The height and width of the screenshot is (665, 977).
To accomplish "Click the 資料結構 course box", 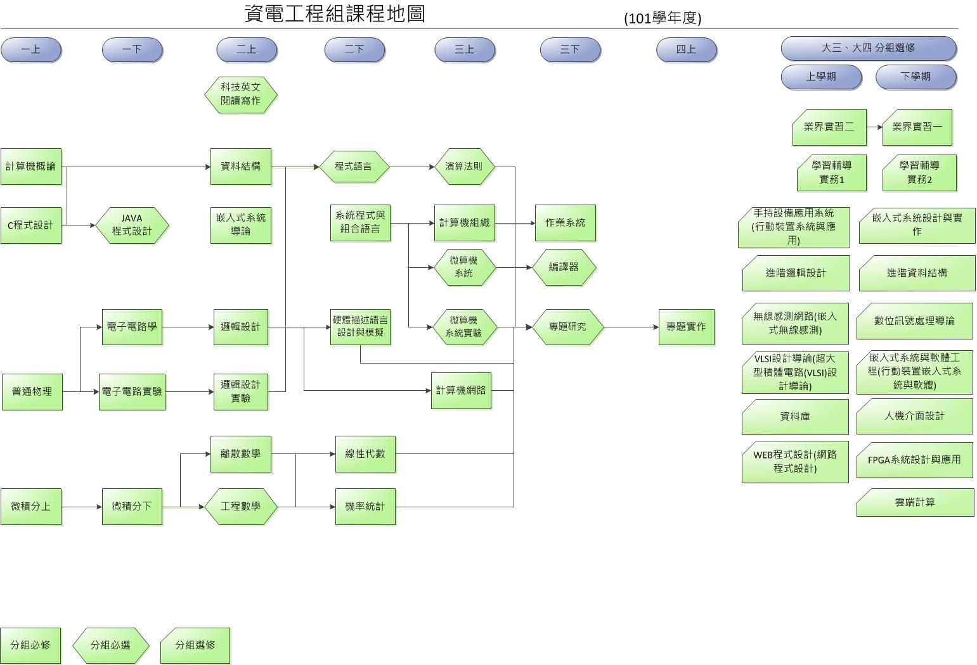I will tap(240, 167).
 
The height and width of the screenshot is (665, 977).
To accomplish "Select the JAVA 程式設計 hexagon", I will tap(132, 225).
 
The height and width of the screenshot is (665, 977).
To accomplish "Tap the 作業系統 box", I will tap(565, 222).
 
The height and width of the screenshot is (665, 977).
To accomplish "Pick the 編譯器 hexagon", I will tap(564, 267).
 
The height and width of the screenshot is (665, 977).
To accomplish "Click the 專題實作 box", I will tap(686, 327).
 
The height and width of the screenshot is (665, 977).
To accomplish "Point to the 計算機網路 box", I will tap(461, 390).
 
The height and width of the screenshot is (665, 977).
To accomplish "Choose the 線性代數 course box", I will tap(365, 453).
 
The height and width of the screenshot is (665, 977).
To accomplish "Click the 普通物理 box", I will tap(32, 392).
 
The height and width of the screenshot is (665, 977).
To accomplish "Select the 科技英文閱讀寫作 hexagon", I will tap(240, 94).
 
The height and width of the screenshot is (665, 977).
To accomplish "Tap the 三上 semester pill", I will tap(464, 50).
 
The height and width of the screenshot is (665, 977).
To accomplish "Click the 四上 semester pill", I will tap(686, 50).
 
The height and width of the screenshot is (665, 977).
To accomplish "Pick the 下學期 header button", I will tap(916, 77).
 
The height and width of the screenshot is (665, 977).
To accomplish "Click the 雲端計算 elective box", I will tap(915, 502).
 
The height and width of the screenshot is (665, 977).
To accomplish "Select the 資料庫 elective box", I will tap(795, 417).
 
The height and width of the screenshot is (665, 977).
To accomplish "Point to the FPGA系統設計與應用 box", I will tap(914, 460).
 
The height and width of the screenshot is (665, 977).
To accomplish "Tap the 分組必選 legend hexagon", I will tap(110, 645).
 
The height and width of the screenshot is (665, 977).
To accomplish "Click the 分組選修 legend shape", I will tap(195, 645).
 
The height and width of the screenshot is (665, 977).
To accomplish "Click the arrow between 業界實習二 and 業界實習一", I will tap(874, 127).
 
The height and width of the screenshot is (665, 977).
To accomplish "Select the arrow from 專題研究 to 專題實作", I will tap(631, 327).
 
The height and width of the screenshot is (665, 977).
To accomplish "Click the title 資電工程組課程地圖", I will tap(335, 14).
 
